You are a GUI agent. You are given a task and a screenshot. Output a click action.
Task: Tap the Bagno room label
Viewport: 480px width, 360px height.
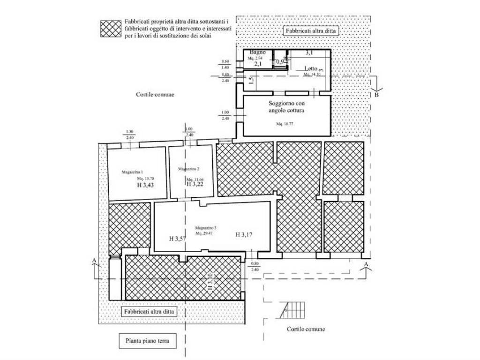pyautogui.click(x=258, y=52)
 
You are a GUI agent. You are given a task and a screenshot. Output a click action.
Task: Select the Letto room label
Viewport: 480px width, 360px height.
pyautogui.click(x=311, y=69)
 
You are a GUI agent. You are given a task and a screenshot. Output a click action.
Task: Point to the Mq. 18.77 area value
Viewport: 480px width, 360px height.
pyautogui.click(x=285, y=124)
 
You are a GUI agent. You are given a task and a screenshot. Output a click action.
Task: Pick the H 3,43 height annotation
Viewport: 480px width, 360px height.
pyautogui.click(x=145, y=185)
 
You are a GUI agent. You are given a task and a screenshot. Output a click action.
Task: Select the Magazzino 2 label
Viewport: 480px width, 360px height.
pyautogui.click(x=189, y=169)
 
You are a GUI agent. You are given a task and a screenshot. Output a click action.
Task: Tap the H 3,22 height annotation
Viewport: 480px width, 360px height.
pyautogui.click(x=195, y=185)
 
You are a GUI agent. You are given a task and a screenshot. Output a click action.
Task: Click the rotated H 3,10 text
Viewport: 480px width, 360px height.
pyautogui.click(x=211, y=280)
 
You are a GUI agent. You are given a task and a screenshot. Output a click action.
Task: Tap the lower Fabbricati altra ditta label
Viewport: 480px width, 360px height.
pyautogui.click(x=150, y=311)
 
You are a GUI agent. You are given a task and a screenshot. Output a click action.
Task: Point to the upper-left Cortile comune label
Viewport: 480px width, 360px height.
pyautogui.click(x=155, y=94)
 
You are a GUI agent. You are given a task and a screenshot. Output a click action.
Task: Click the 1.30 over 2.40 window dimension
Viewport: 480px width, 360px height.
pyautogui.click(x=130, y=135)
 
